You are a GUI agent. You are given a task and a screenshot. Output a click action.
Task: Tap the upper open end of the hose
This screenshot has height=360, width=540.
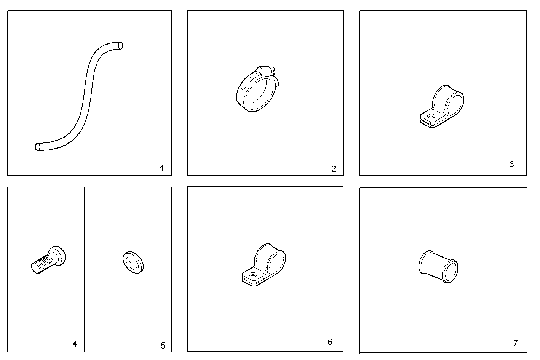click(120, 45)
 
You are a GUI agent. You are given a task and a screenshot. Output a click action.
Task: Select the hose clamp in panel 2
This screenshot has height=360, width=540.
click(256, 90)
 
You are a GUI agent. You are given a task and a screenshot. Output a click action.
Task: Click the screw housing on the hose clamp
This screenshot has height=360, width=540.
click(268, 70)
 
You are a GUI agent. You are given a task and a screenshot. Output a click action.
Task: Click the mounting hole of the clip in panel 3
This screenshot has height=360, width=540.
click(431, 116)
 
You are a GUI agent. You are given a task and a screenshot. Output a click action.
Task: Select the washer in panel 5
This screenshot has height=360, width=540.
click(133, 262)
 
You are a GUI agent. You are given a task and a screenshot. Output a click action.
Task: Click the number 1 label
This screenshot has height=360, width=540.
click(161, 168)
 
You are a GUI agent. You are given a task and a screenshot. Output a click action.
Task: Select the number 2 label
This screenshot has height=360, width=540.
click(334, 169)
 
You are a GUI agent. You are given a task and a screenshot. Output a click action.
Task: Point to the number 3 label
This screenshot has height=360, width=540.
click(511, 164)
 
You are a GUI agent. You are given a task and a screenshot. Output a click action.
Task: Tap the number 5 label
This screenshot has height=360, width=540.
click(163, 346)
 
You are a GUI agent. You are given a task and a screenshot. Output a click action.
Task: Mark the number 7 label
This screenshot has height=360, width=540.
click(515, 343)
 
